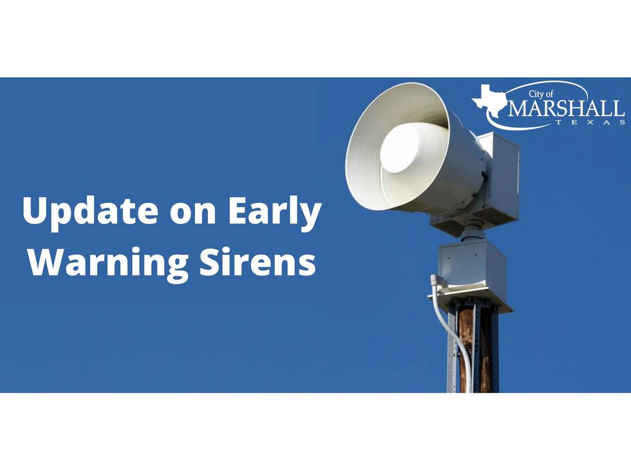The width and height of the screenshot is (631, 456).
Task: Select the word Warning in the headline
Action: point(108,262)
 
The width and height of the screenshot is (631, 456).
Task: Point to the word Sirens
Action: point(258,261)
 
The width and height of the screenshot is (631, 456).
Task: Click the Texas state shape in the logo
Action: point(489,100)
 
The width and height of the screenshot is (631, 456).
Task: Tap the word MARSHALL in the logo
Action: point(566,108)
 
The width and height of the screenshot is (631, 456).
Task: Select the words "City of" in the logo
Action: point(541,94)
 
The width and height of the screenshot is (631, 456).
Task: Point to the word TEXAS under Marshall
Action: point(590,122)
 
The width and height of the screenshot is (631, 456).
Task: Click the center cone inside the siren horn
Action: point(413,147)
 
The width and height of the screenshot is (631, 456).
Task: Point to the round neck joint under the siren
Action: point(473,233)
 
